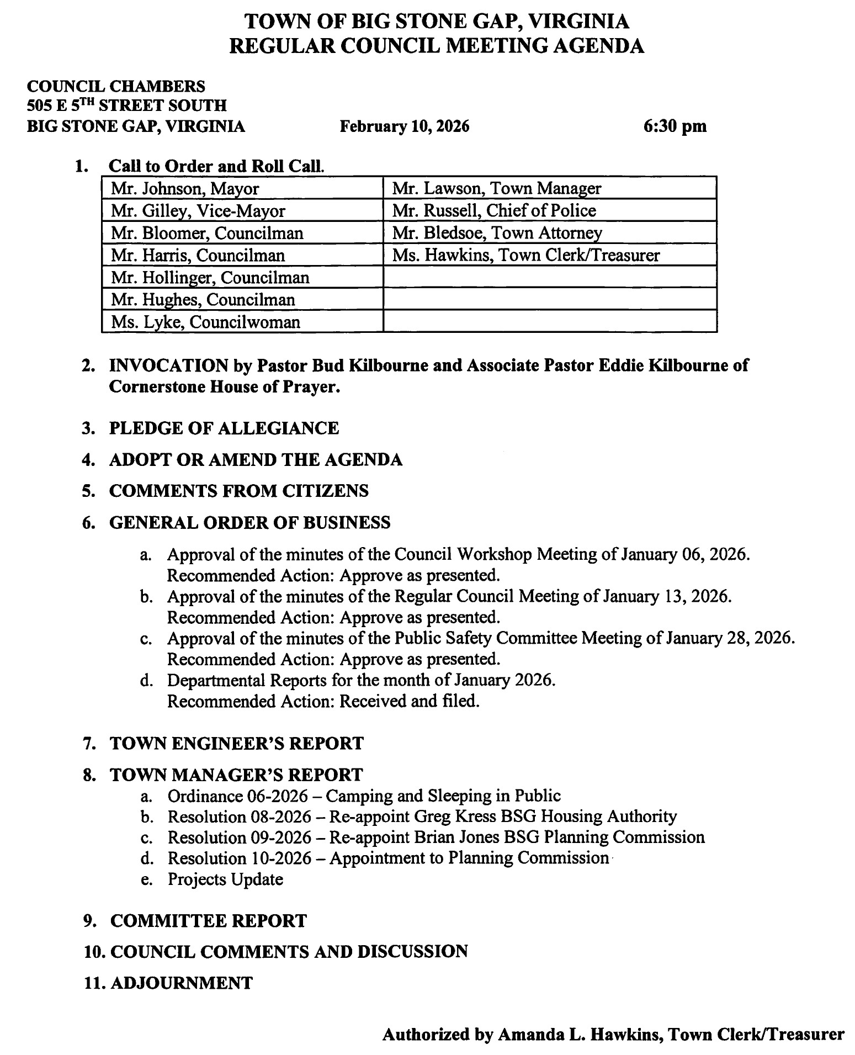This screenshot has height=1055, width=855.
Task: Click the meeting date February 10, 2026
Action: click(x=404, y=126)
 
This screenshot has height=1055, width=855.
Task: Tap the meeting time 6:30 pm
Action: click(x=675, y=126)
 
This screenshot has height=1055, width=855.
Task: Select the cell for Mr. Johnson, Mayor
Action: click(x=242, y=189)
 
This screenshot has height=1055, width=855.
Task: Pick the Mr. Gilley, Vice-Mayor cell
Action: click(x=242, y=211)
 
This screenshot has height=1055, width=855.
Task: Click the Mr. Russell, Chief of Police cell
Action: click(x=549, y=210)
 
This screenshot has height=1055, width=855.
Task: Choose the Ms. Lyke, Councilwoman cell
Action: click(x=242, y=322)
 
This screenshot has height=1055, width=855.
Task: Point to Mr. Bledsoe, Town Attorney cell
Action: click(x=549, y=233)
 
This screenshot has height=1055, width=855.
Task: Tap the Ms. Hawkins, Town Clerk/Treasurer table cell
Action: click(x=549, y=255)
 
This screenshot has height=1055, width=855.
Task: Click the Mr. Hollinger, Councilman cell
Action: click(x=242, y=277)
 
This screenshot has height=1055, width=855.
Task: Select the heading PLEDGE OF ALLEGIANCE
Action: click(x=224, y=428)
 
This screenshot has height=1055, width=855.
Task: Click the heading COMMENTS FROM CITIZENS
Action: click(x=238, y=491)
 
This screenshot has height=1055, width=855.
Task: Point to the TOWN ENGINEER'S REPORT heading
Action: click(x=237, y=743)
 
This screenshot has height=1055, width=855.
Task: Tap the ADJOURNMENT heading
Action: click(x=182, y=982)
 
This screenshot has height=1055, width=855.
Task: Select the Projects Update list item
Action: click(x=225, y=879)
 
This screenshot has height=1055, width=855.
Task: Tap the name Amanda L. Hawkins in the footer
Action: click(x=580, y=1033)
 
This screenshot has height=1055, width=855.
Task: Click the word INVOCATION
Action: click(x=168, y=365)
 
